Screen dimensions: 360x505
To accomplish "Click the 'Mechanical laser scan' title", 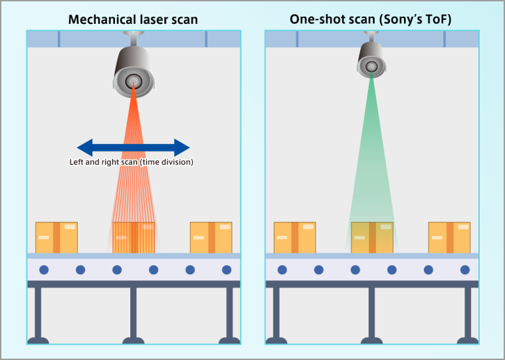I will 133,19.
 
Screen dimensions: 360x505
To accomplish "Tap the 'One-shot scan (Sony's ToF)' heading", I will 371,19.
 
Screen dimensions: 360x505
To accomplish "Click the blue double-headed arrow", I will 134,147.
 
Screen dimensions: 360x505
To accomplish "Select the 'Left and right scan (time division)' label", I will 132,162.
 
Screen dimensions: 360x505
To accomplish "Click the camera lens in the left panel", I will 133,82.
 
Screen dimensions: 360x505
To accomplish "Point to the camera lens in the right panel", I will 371,65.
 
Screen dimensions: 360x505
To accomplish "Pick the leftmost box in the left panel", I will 56,237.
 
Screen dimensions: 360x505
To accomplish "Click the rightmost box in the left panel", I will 211,237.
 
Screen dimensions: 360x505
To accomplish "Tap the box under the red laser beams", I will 134,237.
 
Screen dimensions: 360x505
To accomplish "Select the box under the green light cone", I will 371,237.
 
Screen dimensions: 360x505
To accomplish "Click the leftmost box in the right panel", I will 294,237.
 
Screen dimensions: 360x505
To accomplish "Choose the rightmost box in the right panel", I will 449,237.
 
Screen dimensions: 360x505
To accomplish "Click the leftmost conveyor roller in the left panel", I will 44,270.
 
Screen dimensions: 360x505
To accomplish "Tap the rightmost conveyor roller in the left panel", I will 227,270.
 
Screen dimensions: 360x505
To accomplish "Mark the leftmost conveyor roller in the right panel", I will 282,270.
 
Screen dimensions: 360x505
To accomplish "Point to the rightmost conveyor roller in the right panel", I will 465,270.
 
